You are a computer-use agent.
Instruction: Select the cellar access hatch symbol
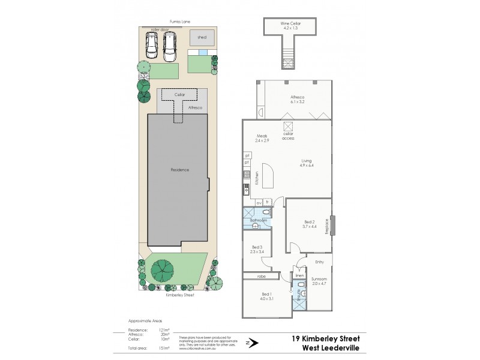[x=287, y=126]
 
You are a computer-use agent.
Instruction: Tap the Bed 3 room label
[x=257, y=250]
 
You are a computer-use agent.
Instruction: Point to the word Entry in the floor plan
[x=319, y=262]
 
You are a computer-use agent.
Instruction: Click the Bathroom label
[x=258, y=221]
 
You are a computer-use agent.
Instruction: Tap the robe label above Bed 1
[x=261, y=277]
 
